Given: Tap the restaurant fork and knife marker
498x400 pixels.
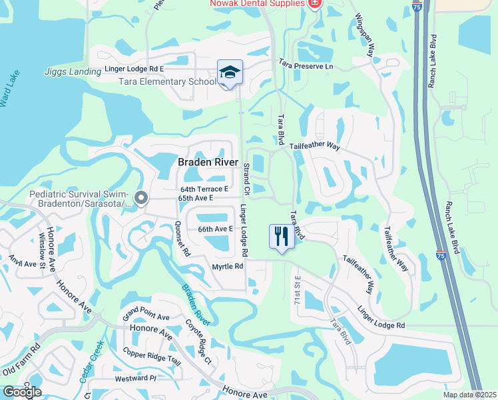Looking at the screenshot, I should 282,236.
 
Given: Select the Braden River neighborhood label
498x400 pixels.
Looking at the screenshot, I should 208,162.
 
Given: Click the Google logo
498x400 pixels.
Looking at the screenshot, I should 22,392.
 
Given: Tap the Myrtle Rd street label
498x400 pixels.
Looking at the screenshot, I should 228,266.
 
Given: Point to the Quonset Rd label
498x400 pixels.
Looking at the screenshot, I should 182,239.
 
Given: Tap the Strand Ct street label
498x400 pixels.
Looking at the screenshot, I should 246,179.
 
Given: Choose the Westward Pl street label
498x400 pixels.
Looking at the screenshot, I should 135,378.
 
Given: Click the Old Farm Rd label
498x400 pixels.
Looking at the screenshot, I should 22,361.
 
